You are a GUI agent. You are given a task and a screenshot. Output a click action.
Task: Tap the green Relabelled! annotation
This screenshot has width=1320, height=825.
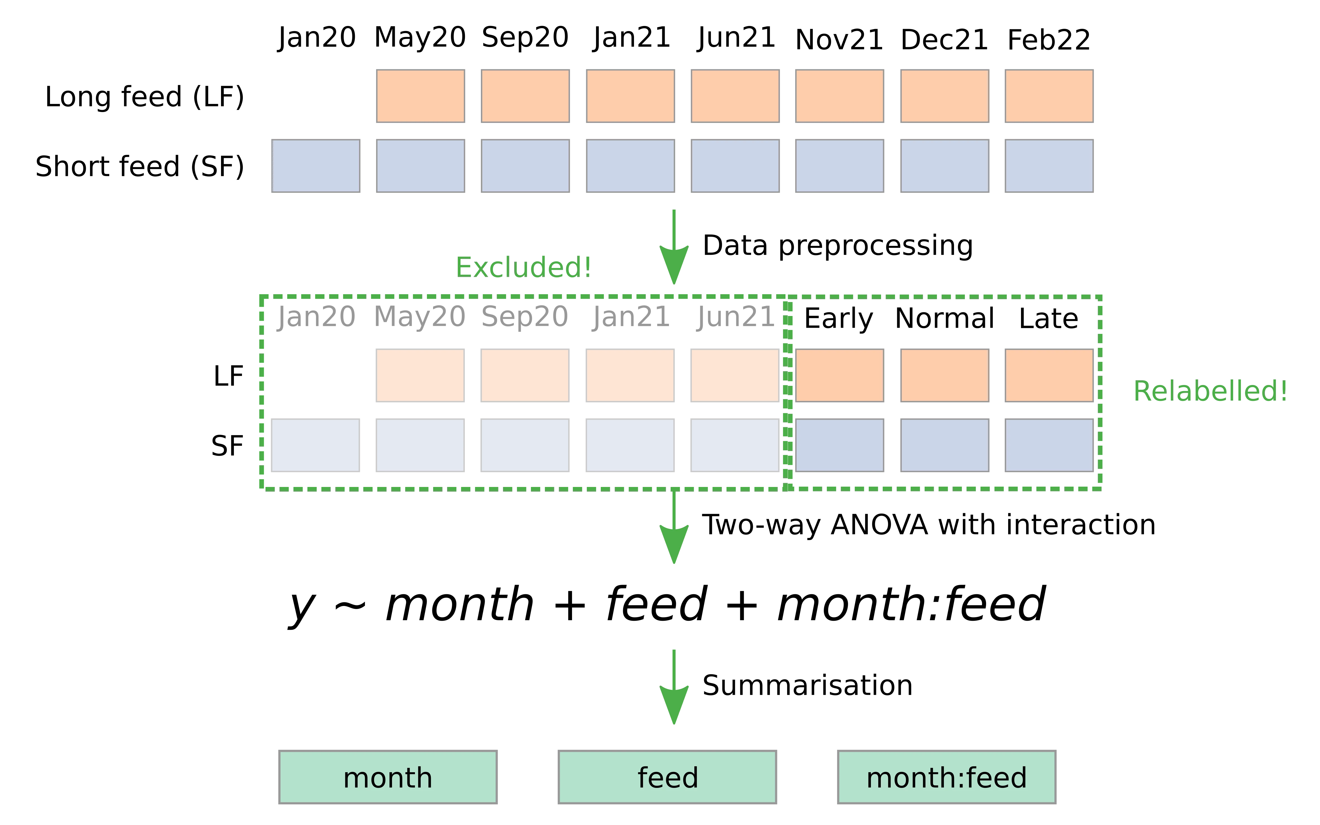click(1210, 391)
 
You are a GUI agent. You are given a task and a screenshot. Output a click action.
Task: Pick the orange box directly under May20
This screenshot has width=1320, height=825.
click(420, 375)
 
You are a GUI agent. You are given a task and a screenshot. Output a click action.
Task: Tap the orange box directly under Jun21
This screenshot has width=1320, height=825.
click(735, 375)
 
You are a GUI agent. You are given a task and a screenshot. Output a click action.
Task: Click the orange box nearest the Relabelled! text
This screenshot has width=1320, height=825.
click(1049, 375)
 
